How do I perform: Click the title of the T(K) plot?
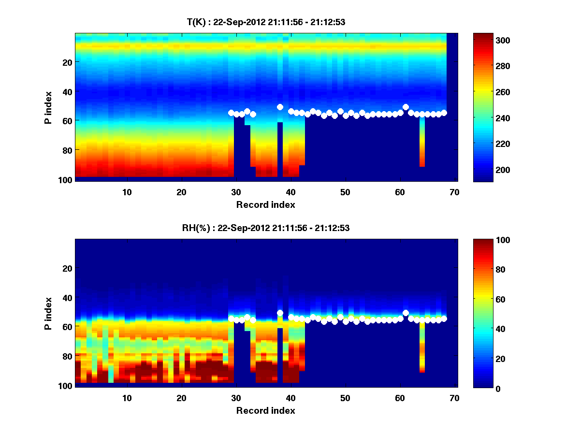point(266,22)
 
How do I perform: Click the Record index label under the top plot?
point(265,204)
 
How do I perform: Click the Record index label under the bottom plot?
point(265,410)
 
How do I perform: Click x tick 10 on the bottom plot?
point(127,398)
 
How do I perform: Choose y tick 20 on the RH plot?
point(67,268)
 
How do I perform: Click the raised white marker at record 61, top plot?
point(406,107)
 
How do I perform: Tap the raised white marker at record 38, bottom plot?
point(280,313)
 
